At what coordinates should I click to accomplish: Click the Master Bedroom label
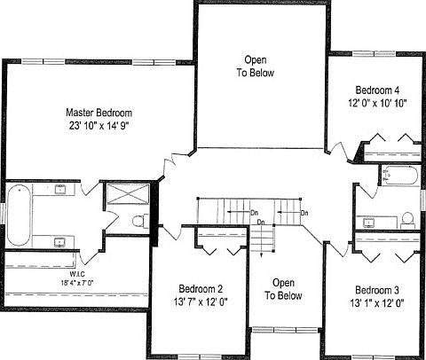tap(99, 113)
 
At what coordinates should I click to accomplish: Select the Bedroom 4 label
tap(377, 90)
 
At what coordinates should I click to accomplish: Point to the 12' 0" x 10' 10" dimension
tap(377, 103)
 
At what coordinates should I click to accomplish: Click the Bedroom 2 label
tap(200, 289)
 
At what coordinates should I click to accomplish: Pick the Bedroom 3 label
tap(377, 290)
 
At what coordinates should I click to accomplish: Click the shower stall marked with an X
tap(122, 195)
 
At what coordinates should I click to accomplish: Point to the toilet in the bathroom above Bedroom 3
tap(406, 218)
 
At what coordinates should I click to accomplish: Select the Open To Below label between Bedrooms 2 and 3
tap(284, 289)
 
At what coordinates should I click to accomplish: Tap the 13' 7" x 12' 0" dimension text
tap(200, 301)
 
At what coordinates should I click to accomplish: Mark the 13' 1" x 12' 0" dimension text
tap(377, 302)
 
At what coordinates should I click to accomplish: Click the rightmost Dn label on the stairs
tap(304, 214)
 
